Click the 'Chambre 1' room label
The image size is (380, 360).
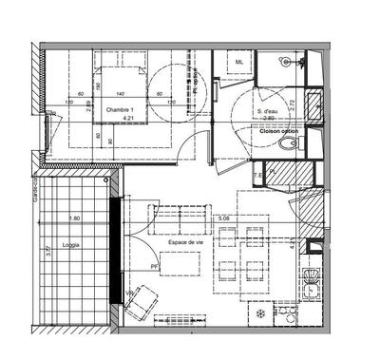point(119,110)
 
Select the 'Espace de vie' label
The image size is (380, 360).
point(183,243)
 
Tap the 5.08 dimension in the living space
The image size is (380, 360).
point(224,220)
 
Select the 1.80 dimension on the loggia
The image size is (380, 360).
point(74,219)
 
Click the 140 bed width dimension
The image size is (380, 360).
point(121,94)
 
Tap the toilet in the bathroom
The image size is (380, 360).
point(293,144)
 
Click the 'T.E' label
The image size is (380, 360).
point(257,177)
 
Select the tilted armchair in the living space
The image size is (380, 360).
point(141,303)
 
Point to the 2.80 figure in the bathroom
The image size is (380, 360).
point(269,120)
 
